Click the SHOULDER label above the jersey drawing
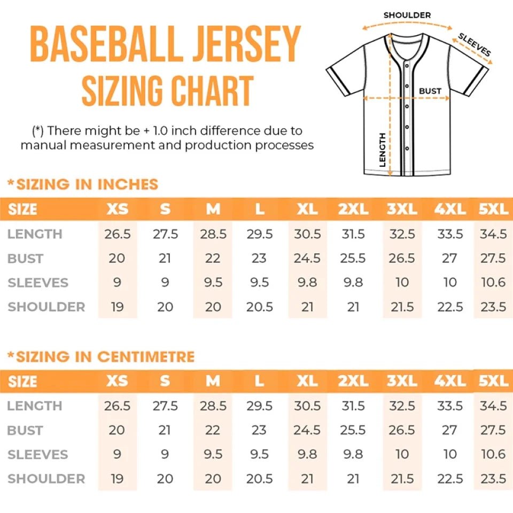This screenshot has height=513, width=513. click(407, 15)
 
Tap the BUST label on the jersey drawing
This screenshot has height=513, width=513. click(430, 91)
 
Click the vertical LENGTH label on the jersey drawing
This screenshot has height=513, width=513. click(383, 150)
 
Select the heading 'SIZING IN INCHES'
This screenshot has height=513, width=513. click(83, 184)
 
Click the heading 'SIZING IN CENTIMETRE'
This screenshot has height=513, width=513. click(102, 356)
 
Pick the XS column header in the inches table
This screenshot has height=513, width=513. click(117, 209)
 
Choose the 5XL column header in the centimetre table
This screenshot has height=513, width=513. click(493, 381)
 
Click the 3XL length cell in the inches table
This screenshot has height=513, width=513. click(402, 234)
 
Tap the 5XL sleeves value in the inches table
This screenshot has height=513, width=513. click(493, 283)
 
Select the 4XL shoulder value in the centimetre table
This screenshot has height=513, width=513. click(450, 479)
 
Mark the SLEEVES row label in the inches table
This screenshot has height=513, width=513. click(38, 283)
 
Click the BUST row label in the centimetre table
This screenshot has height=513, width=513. click(25, 430)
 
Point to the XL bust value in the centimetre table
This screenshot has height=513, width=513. click(307, 430)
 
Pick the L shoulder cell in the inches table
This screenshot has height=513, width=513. click(260, 307)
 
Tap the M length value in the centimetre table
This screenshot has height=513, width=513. click(213, 406)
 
